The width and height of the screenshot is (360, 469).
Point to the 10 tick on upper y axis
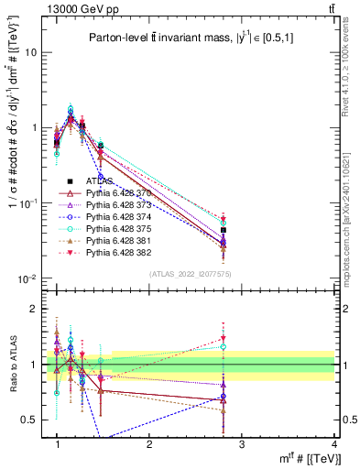click(34, 52)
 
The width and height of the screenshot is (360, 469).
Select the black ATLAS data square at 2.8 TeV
click(224, 230)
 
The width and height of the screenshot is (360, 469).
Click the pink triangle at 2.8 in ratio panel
click(224, 339)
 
